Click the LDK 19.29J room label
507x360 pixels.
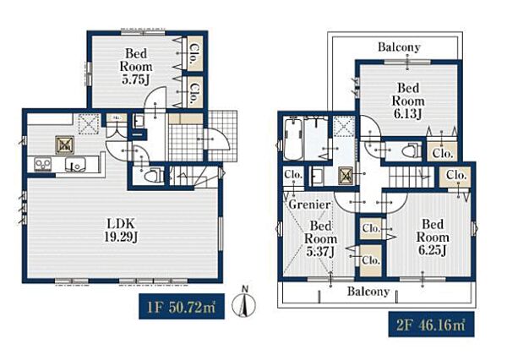pos(122,231)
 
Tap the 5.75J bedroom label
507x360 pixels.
pos(136,66)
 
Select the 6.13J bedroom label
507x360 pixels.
pos(408,101)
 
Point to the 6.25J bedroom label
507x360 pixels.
pos(433,237)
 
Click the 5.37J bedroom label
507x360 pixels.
pos(320,239)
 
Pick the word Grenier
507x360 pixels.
pos(309,205)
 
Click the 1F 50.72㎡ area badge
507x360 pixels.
pos(182,306)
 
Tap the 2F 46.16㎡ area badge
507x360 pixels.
pos(431,325)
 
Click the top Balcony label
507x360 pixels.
pos(399,47)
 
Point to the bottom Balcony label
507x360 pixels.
pos(368,292)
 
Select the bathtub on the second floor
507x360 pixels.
pos(293,139)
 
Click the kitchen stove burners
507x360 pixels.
pos(43,164)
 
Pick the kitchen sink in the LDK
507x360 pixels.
pos(75,165)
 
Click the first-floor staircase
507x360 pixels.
pos(194,176)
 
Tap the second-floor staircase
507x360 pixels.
pos(412,177)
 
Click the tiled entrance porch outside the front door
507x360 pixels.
pos(221,136)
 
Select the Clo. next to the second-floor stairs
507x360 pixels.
pos(456,177)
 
